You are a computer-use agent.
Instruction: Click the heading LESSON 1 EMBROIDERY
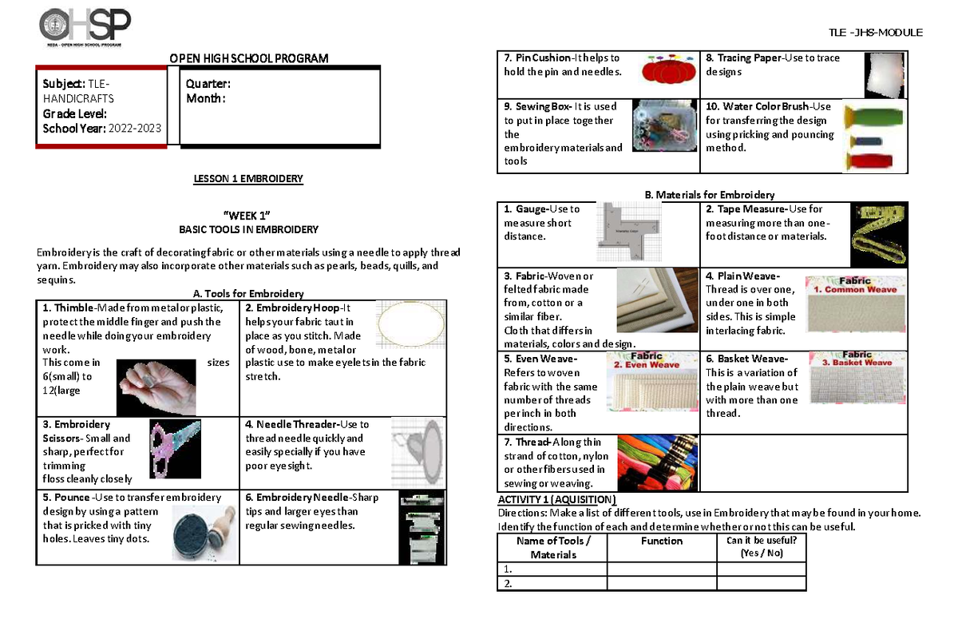247,179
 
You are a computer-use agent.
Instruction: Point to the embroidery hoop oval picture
411,326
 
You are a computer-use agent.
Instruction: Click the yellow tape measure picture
877,233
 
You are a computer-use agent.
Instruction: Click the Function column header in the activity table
662,541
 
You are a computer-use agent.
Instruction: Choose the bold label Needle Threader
296,424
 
